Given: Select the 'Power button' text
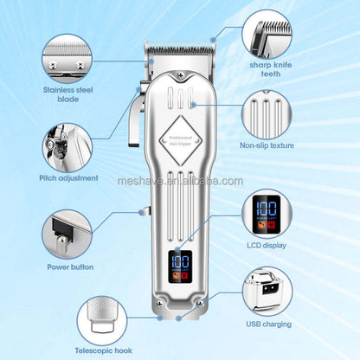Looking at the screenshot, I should pos(70,267).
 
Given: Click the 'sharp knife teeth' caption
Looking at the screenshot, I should pos(272,68).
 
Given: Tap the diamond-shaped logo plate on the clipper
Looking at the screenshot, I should pos(181,138).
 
